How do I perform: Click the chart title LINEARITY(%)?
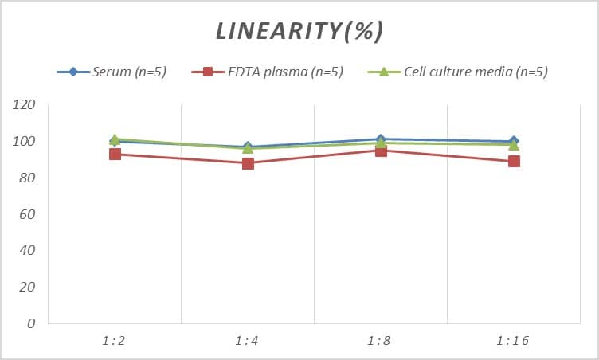(x=299, y=31)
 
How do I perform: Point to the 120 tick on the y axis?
(x=25, y=105)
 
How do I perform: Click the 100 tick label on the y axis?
(x=25, y=142)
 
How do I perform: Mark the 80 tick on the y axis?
(x=28, y=178)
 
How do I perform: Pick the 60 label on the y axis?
(x=28, y=215)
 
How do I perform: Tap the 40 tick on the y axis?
(x=28, y=251)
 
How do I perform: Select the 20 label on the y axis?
(x=28, y=288)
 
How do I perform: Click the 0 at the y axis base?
(x=31, y=324)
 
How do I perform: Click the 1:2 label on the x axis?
(x=114, y=341)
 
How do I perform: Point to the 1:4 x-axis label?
(x=248, y=341)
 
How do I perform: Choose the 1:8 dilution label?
(x=381, y=341)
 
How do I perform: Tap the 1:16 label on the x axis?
(x=513, y=341)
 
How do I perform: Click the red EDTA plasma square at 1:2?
(x=115, y=154)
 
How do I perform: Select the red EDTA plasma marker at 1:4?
(x=248, y=163)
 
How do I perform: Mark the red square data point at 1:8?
(x=381, y=151)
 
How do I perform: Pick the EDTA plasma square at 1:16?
(x=514, y=161)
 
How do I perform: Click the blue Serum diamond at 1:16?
(x=514, y=141)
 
